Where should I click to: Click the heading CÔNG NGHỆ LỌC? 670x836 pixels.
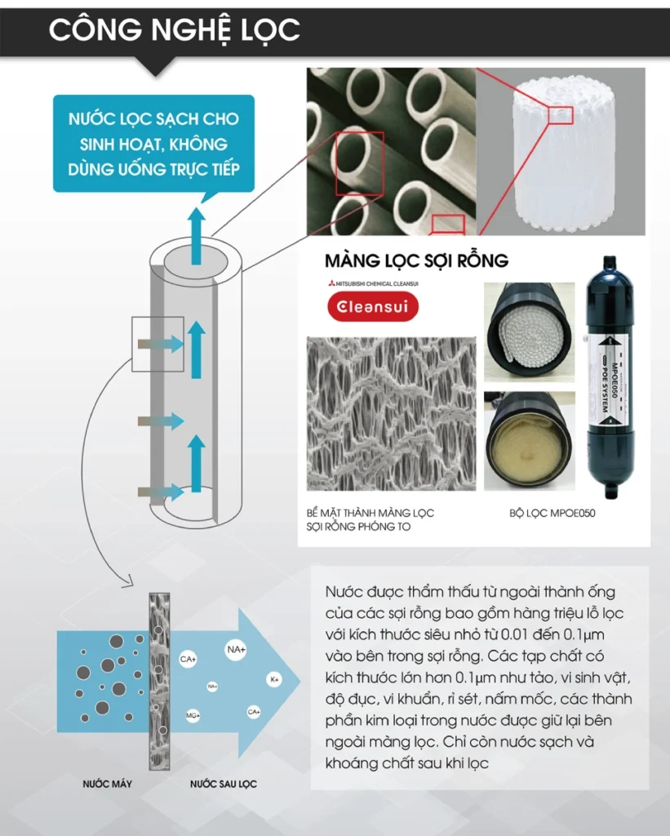tap(174, 29)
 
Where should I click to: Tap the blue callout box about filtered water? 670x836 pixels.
tap(153, 144)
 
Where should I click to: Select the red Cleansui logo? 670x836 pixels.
tap(373, 308)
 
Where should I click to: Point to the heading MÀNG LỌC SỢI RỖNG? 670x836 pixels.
tap(416, 261)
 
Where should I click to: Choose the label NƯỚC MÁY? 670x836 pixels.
tap(107, 784)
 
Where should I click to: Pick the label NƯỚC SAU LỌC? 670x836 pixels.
tap(223, 784)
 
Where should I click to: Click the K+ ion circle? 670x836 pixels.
tap(274, 679)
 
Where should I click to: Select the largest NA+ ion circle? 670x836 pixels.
tap(237, 650)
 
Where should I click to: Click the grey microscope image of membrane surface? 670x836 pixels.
tap(391, 414)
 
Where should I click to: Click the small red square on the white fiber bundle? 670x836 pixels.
tap(561, 113)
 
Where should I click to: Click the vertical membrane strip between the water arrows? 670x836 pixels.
tap(160, 681)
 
